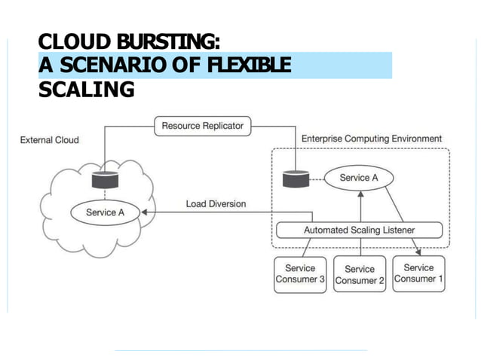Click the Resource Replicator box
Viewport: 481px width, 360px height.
pos(203,126)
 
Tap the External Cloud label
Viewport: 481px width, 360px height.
pos(50,140)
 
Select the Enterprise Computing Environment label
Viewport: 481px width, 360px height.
pos(372,139)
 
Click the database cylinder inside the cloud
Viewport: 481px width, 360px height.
pos(106,180)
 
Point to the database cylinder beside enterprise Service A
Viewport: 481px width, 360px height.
pos(296,178)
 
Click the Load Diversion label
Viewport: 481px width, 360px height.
pos(216,204)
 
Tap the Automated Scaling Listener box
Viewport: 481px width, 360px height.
pos(359,230)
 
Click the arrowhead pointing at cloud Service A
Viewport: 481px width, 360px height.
pos(144,212)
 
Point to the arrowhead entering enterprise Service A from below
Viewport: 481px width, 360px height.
pos(360,194)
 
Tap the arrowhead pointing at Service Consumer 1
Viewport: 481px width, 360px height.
pos(418,252)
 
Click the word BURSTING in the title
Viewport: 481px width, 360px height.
pos(168,41)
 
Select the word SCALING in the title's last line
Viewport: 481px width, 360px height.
pos(87,89)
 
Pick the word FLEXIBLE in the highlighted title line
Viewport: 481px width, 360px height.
pos(249,65)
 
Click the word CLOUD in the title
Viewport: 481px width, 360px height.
pos(75,41)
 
